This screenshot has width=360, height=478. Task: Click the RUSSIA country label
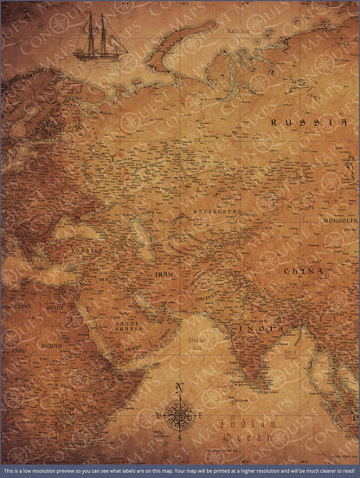(x=299, y=122)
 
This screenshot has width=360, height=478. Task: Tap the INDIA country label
(x=263, y=330)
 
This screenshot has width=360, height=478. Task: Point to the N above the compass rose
(x=178, y=387)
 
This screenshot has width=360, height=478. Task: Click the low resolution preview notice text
(x=179, y=471)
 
